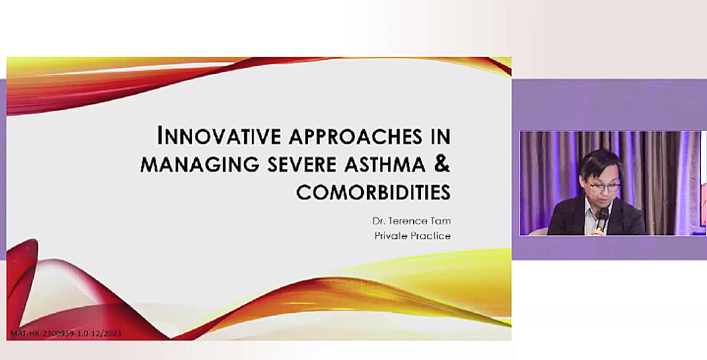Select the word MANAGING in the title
[200, 164]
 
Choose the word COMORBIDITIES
[373, 192]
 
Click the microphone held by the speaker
[602, 218]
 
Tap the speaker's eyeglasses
[604, 186]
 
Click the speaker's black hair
[600, 164]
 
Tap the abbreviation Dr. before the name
[379, 222]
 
